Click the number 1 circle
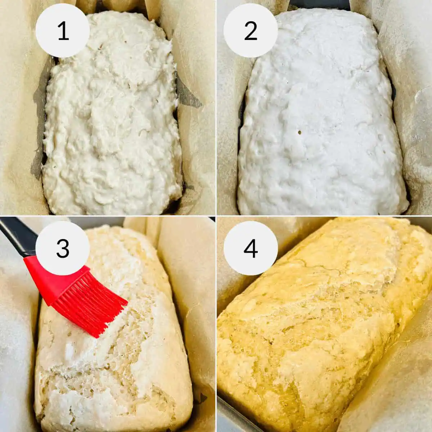(x=63, y=31)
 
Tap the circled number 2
(x=251, y=31)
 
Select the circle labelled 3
(x=63, y=248)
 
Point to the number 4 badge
(x=251, y=248)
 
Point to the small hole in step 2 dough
(x=300, y=133)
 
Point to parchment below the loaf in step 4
(x=396, y=403)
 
